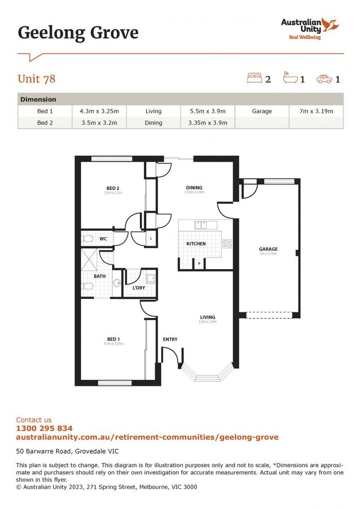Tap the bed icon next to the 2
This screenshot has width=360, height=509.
(x=254, y=78)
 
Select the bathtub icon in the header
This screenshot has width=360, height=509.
(x=290, y=78)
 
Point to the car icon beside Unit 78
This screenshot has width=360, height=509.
(x=324, y=79)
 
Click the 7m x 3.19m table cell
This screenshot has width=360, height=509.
(x=316, y=111)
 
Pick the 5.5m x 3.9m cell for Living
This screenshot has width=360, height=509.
(x=207, y=111)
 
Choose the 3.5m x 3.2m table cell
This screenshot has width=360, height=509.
(x=99, y=123)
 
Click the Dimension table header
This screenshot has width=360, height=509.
(x=38, y=99)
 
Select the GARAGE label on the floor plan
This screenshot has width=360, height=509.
(x=268, y=249)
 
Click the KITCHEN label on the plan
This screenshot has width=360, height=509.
(x=196, y=244)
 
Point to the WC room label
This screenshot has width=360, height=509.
(x=103, y=239)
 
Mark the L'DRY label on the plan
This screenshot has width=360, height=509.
(x=139, y=287)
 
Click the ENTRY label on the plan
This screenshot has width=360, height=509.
(x=170, y=339)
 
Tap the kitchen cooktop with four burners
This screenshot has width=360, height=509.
(x=227, y=244)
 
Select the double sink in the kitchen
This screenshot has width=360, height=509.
(x=201, y=225)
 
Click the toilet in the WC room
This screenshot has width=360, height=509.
(x=88, y=239)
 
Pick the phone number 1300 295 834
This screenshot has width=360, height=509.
(x=44, y=428)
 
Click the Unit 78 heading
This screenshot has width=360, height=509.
(x=36, y=79)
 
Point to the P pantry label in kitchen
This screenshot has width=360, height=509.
(x=199, y=263)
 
